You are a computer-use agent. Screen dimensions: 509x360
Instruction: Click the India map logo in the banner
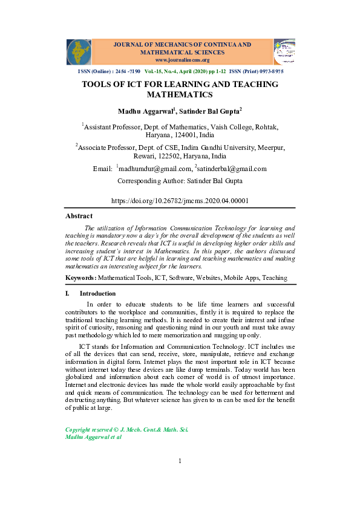point(79,52)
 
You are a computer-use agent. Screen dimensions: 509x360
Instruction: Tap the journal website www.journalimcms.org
point(182,60)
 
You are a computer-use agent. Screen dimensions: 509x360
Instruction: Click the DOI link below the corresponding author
point(180,200)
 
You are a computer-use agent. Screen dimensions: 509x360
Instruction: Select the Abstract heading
point(79,216)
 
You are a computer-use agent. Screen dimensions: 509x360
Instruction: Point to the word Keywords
point(80,277)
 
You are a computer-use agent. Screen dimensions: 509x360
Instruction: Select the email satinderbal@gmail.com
point(232,169)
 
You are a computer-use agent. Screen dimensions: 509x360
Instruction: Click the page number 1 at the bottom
point(180,462)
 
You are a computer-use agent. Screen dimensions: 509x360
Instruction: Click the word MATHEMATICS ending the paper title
point(180,95)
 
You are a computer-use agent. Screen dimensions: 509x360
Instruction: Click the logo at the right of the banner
point(284,52)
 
